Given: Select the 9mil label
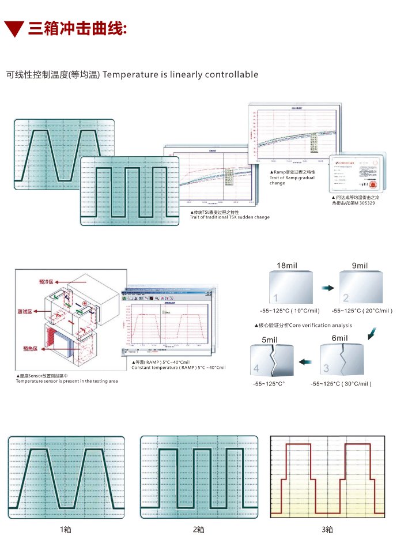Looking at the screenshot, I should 360,265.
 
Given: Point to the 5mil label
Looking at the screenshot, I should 270,339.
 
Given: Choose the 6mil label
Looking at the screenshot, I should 340,338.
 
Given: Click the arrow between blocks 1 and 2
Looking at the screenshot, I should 327,286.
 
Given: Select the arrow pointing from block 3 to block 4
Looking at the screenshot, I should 306,361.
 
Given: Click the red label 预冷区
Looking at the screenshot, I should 46,282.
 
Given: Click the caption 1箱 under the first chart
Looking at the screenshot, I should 65,529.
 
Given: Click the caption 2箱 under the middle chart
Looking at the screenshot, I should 198,529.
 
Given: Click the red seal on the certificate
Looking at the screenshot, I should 373,186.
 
